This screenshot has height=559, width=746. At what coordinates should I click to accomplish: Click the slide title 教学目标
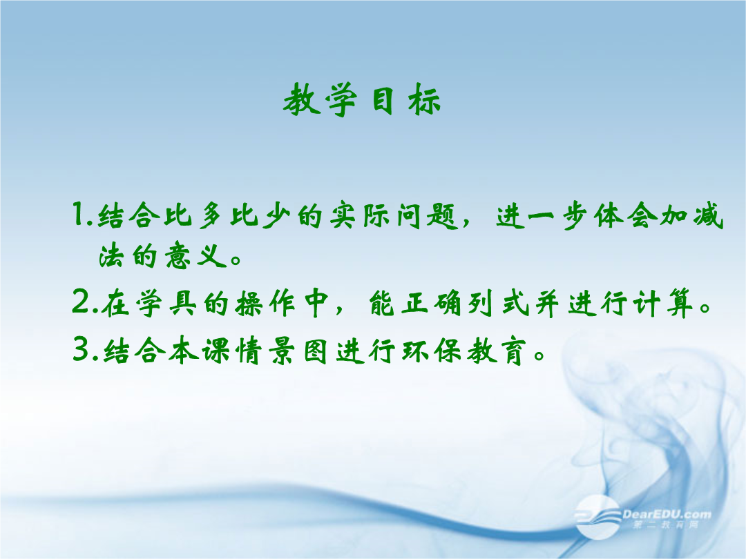coord(362,99)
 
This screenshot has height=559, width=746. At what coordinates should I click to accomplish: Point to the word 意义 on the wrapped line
coord(195,256)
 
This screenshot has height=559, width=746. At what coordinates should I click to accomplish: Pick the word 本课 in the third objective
coord(199,351)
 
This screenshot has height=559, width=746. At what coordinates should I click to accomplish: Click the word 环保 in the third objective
coord(432,351)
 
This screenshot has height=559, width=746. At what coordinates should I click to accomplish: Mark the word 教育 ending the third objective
coord(497,351)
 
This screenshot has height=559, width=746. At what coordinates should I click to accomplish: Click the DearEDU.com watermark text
coord(667,514)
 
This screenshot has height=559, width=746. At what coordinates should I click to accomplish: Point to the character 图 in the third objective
coord(315,351)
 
